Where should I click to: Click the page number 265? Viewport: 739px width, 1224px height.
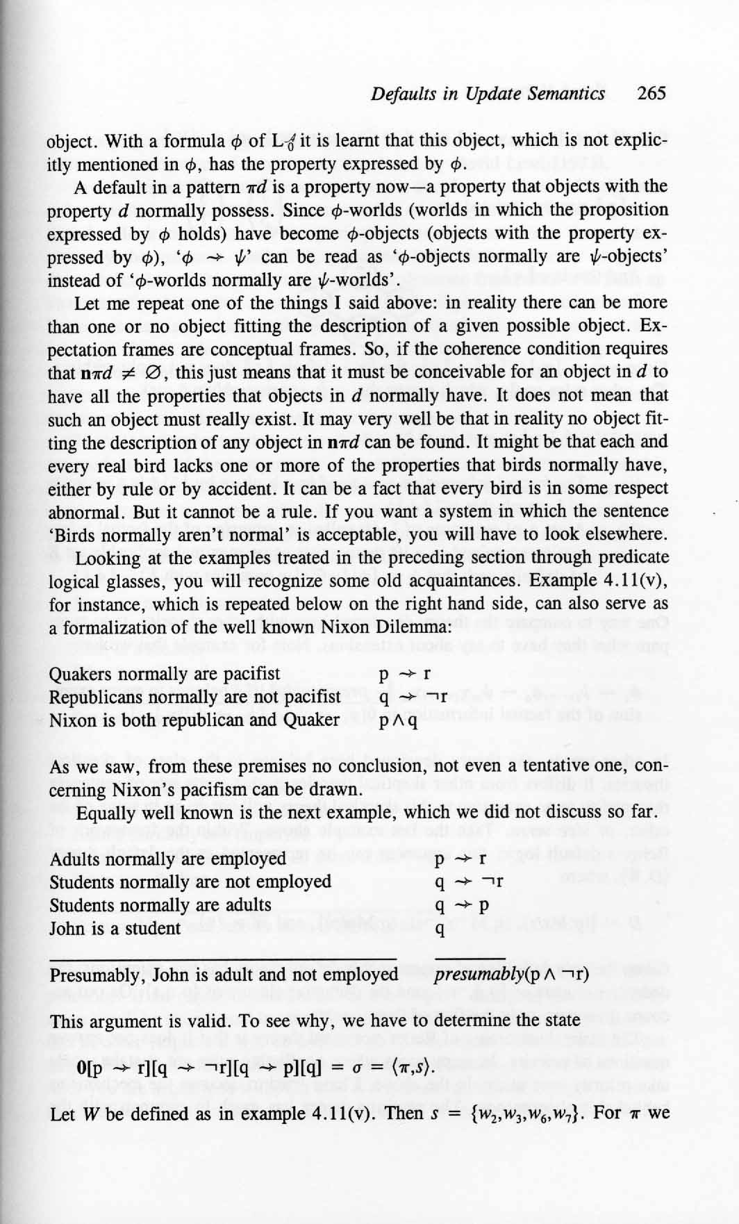[x=651, y=93]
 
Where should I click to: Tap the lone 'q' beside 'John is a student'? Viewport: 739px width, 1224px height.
[x=439, y=929]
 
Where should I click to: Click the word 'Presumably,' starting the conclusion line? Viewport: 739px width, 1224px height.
[x=96, y=975]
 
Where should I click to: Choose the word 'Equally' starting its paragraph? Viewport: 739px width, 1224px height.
[x=103, y=813]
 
